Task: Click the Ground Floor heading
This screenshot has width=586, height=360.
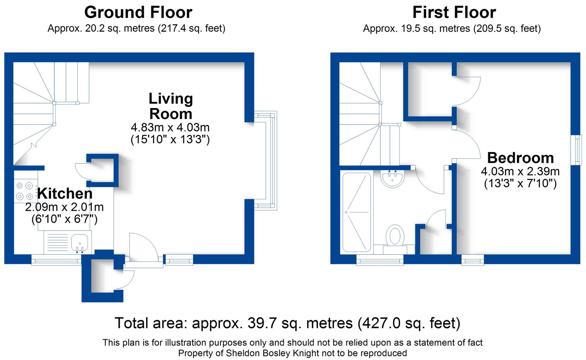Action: point(138,13)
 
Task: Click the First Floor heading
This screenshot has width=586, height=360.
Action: point(454,13)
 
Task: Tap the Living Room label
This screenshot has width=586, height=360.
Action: point(171,106)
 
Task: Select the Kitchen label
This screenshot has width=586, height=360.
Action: point(65,194)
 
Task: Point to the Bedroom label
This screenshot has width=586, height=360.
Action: point(520,158)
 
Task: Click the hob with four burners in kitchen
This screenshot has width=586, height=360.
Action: point(25,191)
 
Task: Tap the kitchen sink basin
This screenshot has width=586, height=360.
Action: point(79,243)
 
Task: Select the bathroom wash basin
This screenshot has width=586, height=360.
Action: point(392,178)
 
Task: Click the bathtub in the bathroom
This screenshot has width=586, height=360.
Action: point(357,212)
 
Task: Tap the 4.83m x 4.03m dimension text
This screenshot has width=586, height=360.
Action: point(170,127)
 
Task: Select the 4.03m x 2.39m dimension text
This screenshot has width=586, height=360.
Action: point(520,171)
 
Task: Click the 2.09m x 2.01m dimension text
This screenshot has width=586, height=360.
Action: point(64,207)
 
